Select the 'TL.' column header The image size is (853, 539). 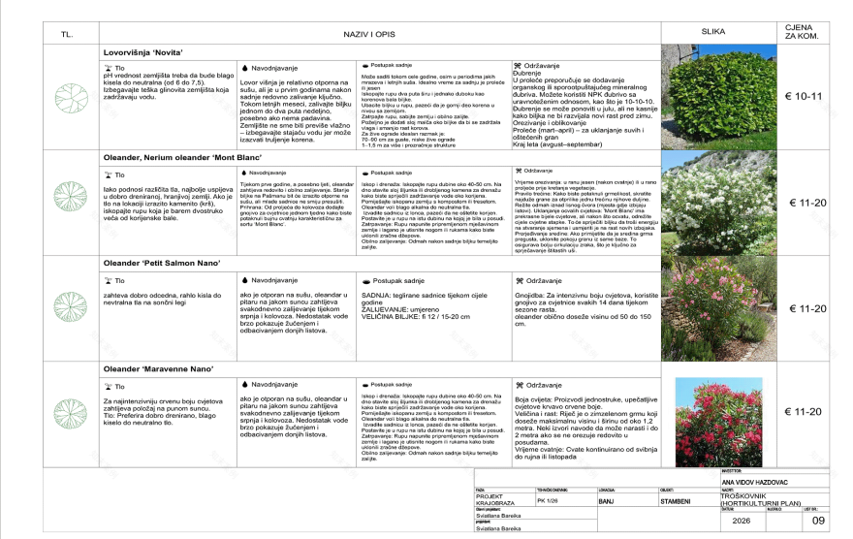pos(67,34)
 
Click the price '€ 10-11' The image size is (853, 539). pos(805,96)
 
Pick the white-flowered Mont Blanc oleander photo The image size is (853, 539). pos(713,202)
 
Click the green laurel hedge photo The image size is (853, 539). pos(713,97)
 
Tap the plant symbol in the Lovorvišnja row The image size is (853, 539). pos(67,97)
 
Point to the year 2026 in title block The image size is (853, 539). pos(742,521)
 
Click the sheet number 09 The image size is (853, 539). pos(817,521)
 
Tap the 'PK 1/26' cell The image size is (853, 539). pos(549,502)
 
